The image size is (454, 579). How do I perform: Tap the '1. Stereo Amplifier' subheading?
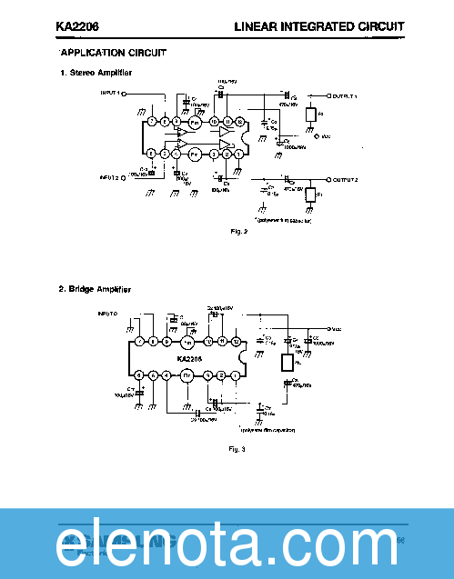click(x=96, y=72)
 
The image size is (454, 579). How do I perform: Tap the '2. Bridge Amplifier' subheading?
click(x=95, y=289)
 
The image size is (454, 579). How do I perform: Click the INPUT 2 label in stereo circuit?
click(x=111, y=178)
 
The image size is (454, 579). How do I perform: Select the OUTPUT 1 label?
click(x=345, y=95)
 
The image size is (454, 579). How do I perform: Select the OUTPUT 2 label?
click(x=345, y=181)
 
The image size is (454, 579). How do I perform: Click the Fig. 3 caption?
click(x=237, y=448)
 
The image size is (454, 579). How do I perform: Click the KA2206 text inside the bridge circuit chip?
click(x=189, y=358)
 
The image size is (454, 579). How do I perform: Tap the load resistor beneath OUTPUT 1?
click(x=311, y=115)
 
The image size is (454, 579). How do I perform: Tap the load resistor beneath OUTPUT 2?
click(x=311, y=195)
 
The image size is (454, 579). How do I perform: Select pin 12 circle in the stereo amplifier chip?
click(x=239, y=122)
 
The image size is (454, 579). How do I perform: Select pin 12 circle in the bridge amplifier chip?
click(x=237, y=342)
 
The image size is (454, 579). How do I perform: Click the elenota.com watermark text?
click(x=227, y=545)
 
